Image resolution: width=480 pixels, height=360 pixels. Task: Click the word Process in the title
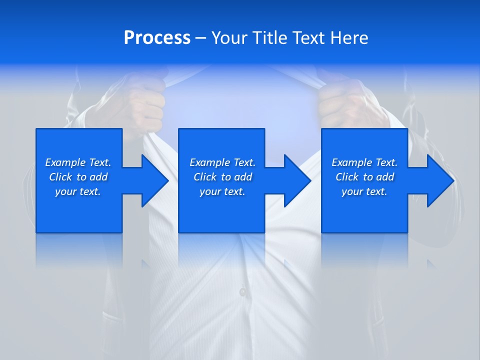click(157, 38)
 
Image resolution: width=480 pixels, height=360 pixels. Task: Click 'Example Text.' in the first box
click(78, 162)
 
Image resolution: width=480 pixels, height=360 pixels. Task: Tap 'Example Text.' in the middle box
click(222, 162)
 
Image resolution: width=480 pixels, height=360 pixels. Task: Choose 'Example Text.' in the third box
click(364, 162)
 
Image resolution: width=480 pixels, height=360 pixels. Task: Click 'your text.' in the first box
click(78, 191)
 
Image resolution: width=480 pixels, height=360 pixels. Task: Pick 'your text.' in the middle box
click(222, 191)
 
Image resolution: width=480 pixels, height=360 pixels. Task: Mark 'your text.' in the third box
click(364, 191)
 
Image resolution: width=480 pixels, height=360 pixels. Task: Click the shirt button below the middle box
click(242, 291)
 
